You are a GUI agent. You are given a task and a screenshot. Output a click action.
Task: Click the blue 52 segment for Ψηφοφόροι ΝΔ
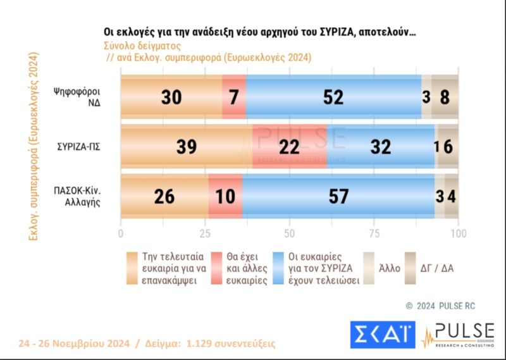(x=333, y=96)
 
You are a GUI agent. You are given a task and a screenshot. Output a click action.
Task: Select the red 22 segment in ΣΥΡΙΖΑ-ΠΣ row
(x=290, y=146)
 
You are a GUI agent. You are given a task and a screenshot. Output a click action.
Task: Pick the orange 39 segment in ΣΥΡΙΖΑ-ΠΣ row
(x=187, y=146)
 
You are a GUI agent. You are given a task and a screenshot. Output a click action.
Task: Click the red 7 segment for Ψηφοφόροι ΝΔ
(x=234, y=96)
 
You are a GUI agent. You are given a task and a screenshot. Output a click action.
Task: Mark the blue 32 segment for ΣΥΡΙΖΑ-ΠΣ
(x=381, y=146)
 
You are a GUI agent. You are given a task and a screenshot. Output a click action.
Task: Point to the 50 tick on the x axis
(x=289, y=232)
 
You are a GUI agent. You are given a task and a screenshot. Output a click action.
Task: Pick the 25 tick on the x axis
(x=205, y=232)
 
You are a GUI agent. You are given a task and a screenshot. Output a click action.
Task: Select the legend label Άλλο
(x=390, y=268)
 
